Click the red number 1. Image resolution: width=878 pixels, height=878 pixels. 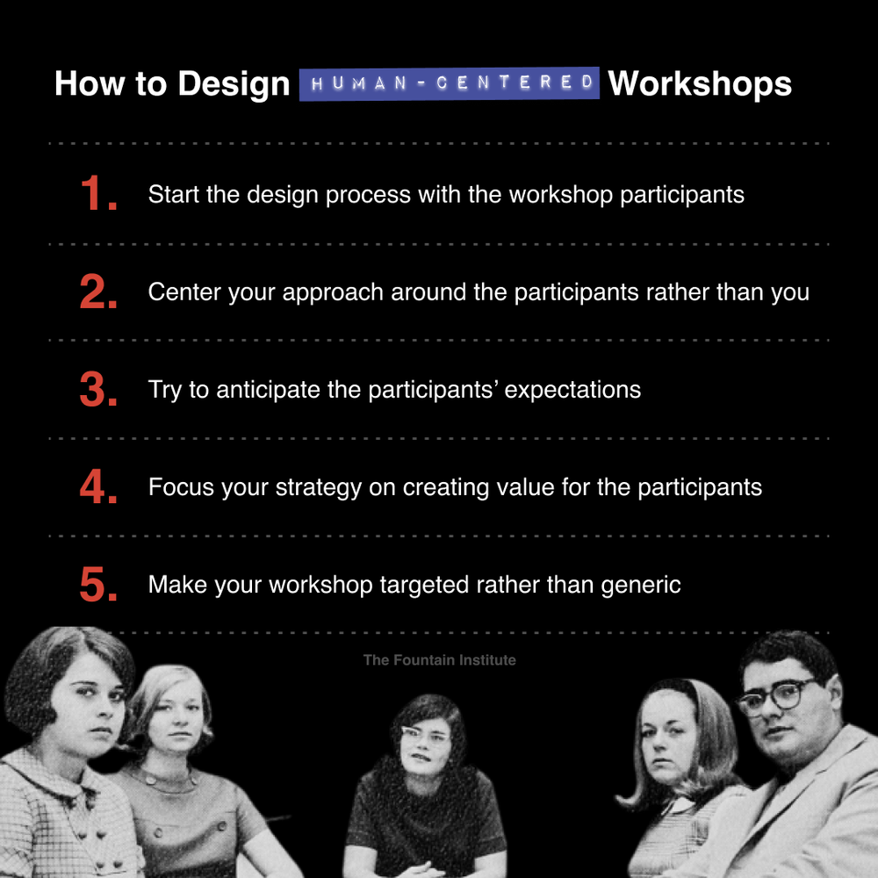(x=97, y=194)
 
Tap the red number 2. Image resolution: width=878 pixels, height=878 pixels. (x=97, y=292)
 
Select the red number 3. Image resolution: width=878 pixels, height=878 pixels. (x=97, y=390)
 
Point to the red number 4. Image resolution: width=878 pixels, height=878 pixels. (x=97, y=487)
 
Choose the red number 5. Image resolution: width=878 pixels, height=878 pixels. (x=97, y=586)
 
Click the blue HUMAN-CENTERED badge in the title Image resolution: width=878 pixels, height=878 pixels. (x=449, y=84)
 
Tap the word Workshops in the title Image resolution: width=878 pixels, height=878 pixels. (x=700, y=84)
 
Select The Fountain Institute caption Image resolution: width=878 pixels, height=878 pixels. (x=439, y=659)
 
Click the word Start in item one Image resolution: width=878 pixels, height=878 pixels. (x=174, y=194)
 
